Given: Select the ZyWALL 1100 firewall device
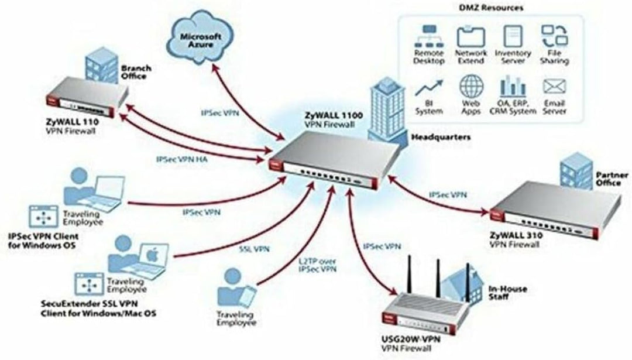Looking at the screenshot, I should click(331, 158).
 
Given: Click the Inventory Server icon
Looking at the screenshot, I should click(512, 35).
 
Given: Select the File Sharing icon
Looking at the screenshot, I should click(552, 36).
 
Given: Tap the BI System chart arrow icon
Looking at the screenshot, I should click(428, 87).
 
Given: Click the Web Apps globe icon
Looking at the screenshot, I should click(471, 87).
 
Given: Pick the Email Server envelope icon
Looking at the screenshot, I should click(552, 87).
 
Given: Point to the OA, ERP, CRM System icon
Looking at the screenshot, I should click(512, 87).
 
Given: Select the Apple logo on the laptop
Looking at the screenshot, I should click(152, 255).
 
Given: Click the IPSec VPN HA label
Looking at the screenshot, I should click(181, 159).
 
